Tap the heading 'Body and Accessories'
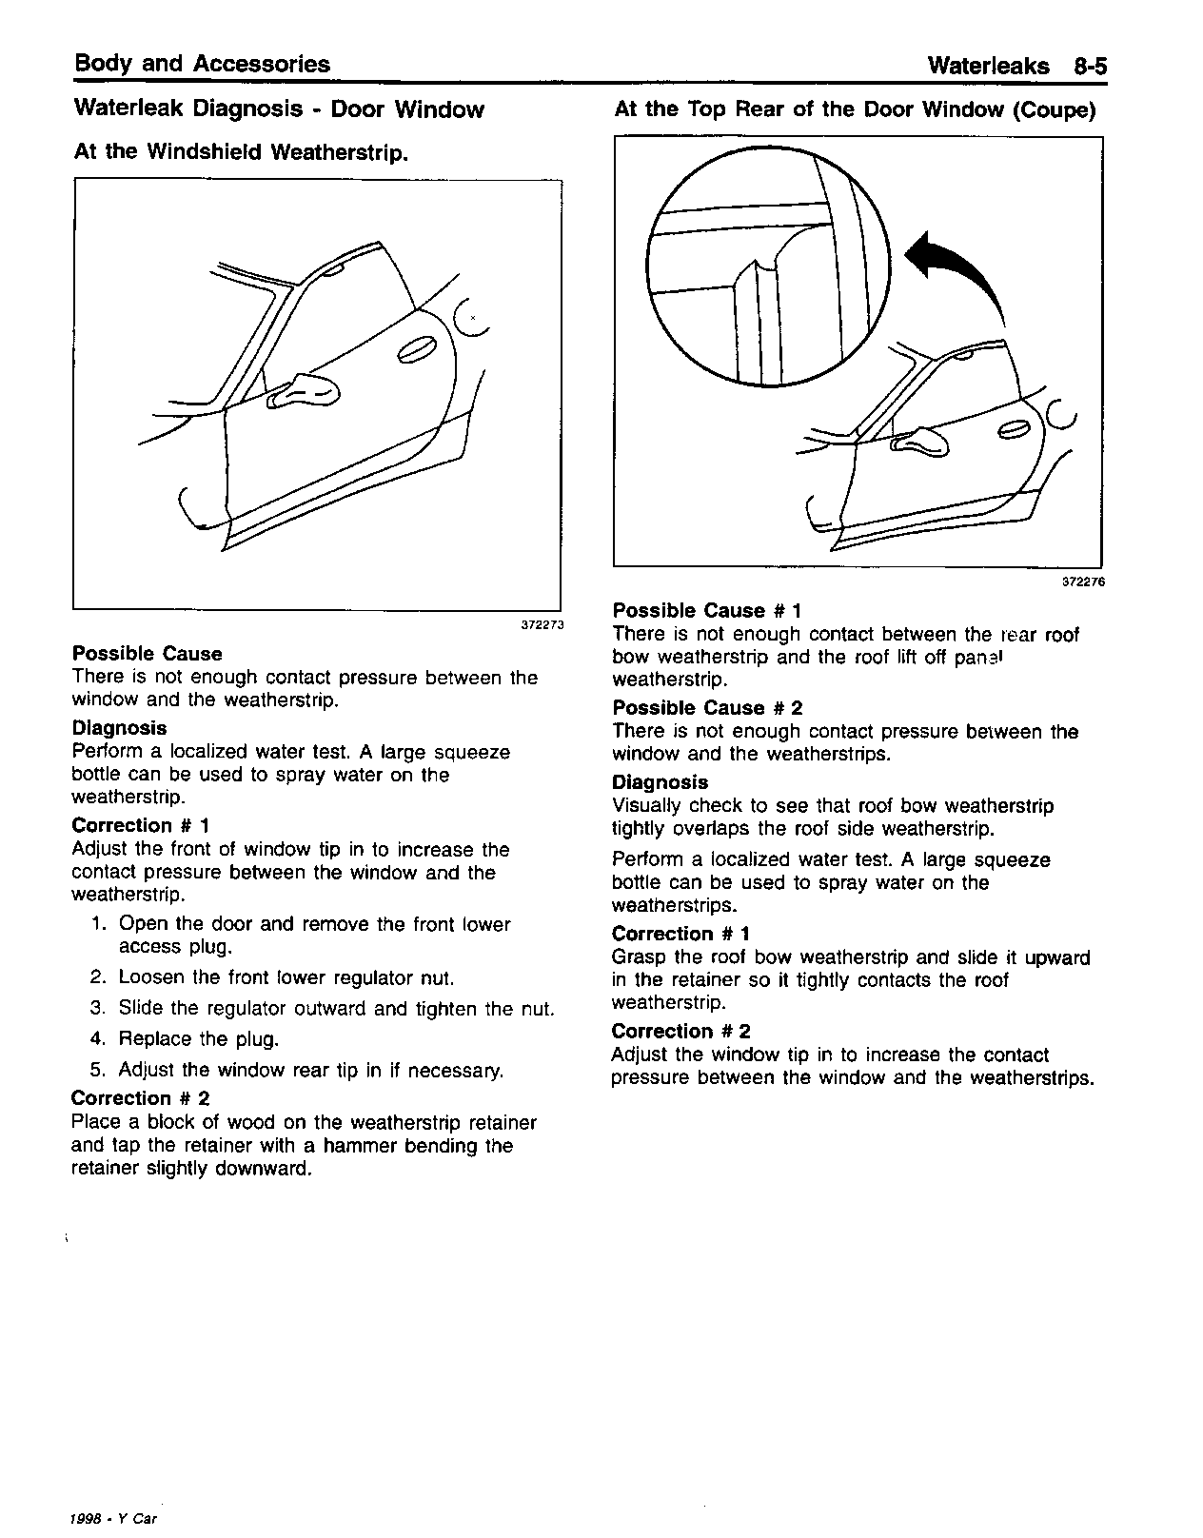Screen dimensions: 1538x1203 tap(202, 64)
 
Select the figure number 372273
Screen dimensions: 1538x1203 tap(542, 625)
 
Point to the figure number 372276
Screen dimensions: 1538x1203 tap(1083, 582)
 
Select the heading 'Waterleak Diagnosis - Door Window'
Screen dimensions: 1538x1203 tap(279, 109)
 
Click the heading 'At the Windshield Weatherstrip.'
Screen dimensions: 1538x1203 tap(241, 152)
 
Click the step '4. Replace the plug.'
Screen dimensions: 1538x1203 tap(187, 1038)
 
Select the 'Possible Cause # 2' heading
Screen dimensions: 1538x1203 tap(707, 708)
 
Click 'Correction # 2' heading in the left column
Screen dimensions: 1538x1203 tap(140, 1098)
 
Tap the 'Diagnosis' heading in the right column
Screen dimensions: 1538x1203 tap(660, 782)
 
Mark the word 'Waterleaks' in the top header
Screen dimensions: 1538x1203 tap(988, 66)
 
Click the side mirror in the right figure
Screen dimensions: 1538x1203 tap(919, 439)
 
